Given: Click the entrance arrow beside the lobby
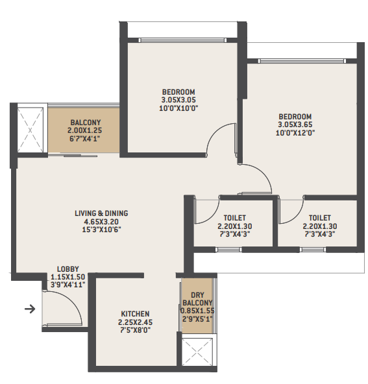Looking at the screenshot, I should tap(29, 309).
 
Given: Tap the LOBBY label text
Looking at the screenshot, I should tap(67, 269).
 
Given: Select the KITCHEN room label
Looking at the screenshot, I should tap(134, 313).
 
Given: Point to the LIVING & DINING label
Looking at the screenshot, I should tap(101, 213).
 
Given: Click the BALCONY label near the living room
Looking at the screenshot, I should tap(85, 122).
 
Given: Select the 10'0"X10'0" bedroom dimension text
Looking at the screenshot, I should tap(178, 108).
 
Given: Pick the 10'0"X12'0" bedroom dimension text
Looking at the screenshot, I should tap(295, 133).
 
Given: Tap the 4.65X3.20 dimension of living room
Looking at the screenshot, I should tap(101, 221).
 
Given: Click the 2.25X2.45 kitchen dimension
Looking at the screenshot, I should tap(134, 322).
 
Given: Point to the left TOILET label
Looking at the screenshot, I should tap(234, 218).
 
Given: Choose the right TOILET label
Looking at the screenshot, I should tap(320, 218).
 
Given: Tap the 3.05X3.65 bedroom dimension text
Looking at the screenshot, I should tap(295, 125).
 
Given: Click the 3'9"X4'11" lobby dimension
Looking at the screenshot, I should tap(67, 284).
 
